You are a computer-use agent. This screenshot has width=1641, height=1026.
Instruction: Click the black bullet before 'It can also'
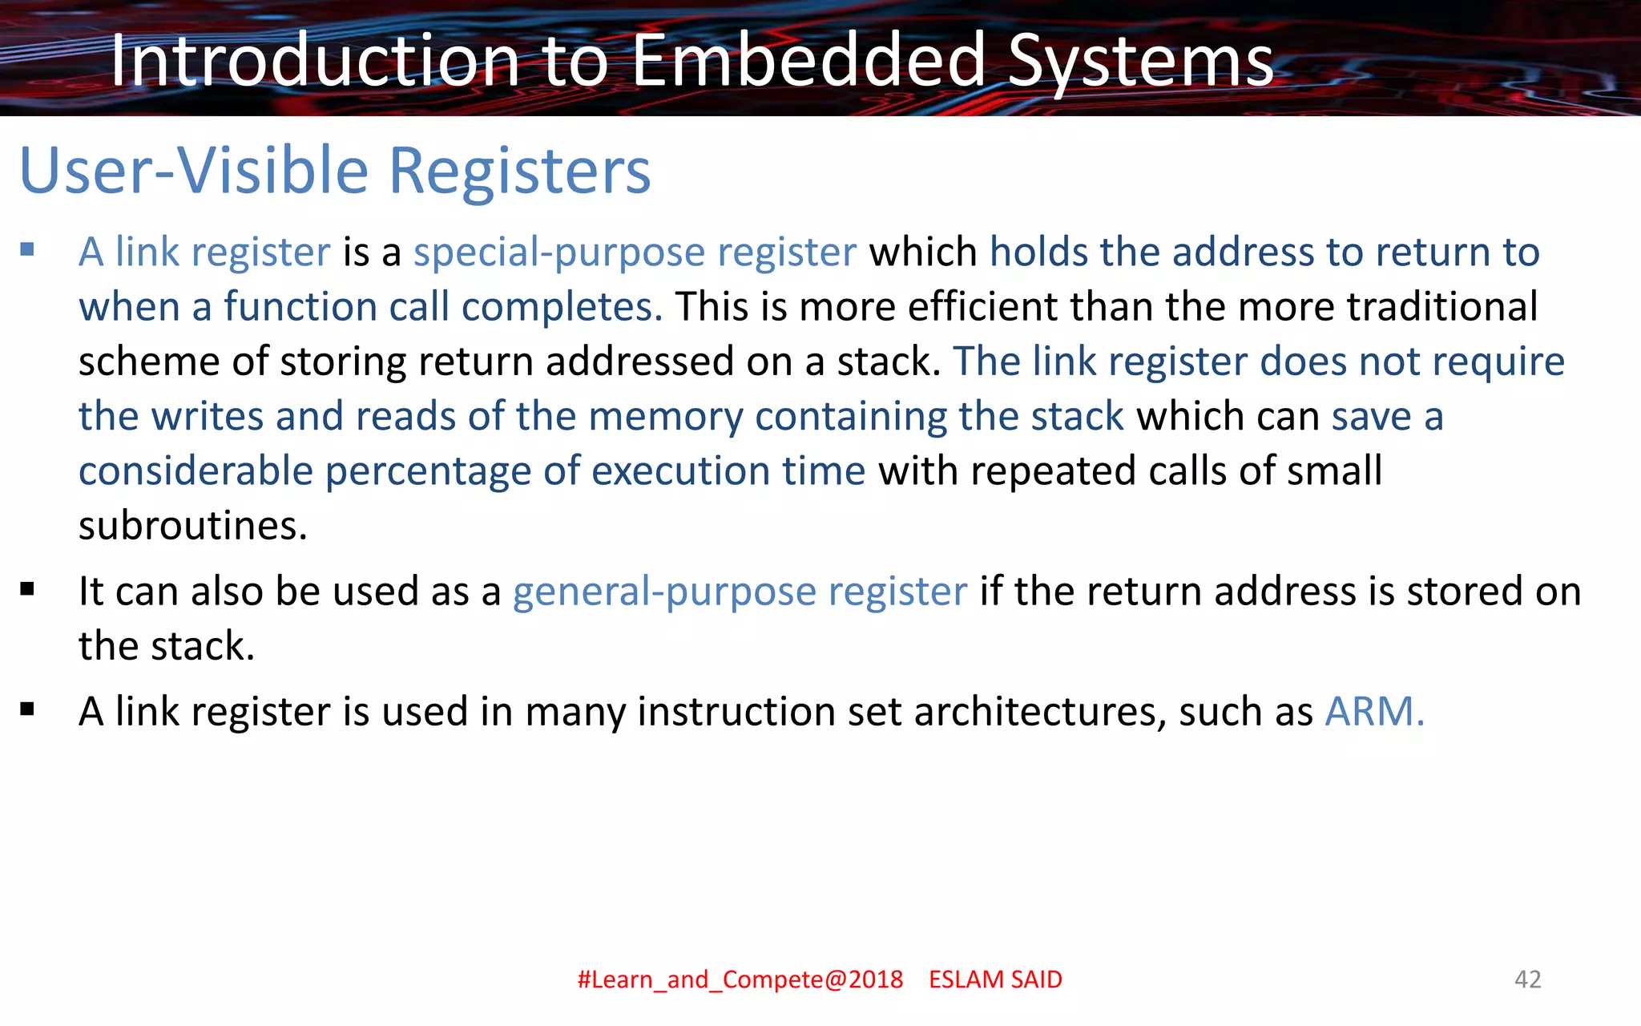28,591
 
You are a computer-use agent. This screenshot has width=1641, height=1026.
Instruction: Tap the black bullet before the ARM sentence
28,709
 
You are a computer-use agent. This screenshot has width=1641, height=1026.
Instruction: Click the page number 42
1527,979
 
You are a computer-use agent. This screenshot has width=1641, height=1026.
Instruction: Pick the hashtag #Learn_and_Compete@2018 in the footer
740,980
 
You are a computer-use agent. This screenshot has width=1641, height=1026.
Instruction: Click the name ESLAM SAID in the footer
995,980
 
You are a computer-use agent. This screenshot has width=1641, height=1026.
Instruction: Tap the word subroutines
192,526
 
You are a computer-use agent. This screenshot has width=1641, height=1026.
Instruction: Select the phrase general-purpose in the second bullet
664,592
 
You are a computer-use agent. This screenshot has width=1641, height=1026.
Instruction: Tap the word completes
562,307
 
